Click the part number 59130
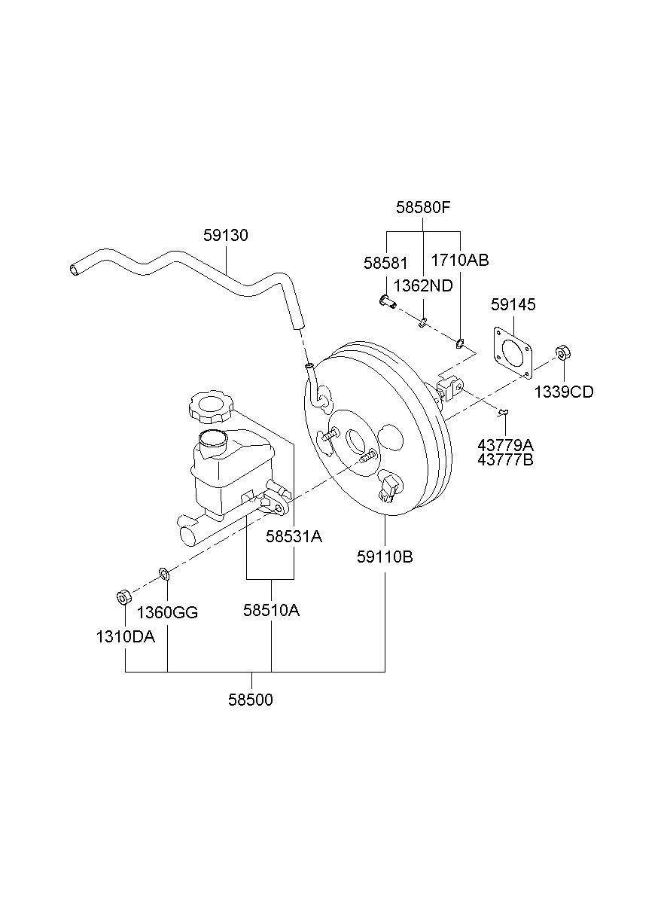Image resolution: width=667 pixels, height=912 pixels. (225, 235)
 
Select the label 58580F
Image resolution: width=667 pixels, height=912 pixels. (423, 208)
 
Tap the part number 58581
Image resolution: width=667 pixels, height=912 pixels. (385, 263)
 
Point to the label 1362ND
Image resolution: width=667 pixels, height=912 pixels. (423, 286)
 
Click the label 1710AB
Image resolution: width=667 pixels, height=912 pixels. (459, 260)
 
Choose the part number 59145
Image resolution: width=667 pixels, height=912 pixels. (513, 304)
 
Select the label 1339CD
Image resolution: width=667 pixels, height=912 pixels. (564, 392)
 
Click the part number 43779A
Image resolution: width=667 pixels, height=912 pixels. (505, 445)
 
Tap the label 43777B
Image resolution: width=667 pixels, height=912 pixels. (505, 459)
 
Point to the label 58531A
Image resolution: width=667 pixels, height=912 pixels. (294, 537)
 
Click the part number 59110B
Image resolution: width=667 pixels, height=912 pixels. (385, 557)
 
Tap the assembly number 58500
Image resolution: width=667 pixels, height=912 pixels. (250, 700)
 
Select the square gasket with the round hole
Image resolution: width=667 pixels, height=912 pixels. (513, 352)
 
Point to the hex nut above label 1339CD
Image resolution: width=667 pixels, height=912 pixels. (563, 352)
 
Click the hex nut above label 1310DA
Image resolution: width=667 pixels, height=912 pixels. (123, 597)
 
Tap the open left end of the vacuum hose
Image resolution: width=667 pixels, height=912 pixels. (74, 270)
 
